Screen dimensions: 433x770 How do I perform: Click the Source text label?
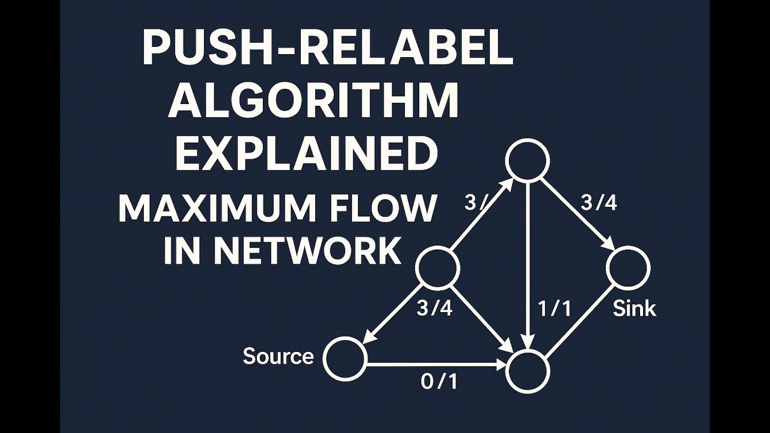[278, 357]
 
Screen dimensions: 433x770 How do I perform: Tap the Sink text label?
[634, 309]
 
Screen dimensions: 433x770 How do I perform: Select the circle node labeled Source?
[345, 358]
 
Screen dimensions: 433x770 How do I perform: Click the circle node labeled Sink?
[628, 268]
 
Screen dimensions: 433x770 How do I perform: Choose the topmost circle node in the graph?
[528, 160]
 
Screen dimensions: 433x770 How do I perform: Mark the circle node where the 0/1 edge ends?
[528, 371]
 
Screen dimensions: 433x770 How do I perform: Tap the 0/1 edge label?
[439, 382]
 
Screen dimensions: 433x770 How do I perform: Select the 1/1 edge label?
[553, 309]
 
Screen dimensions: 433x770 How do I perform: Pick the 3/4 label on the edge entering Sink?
[599, 203]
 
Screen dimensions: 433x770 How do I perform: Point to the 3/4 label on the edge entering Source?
[434, 309]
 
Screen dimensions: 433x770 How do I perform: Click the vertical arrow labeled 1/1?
[528, 265]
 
